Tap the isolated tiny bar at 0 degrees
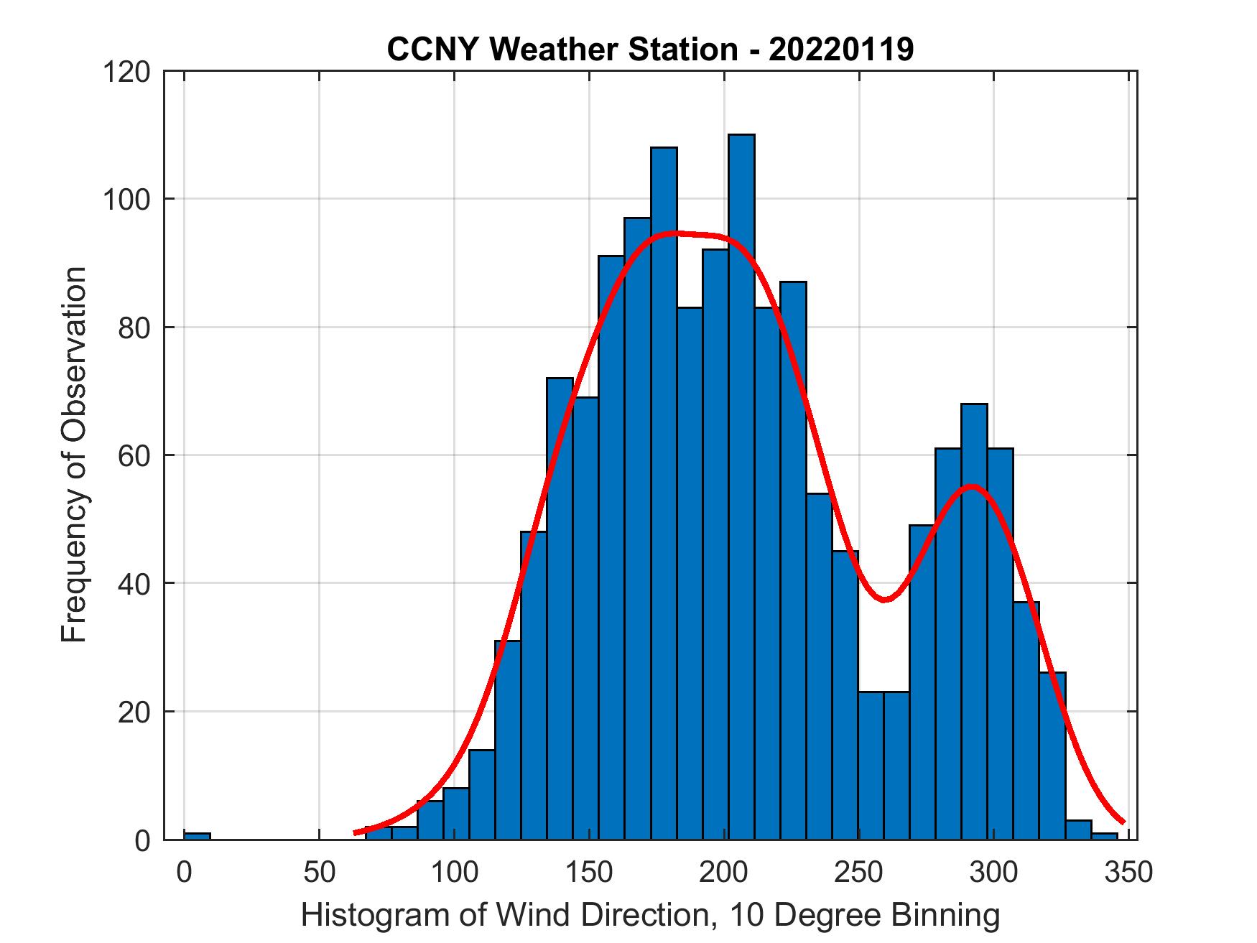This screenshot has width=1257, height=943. click(x=197, y=836)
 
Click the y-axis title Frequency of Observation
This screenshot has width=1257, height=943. click(x=74, y=454)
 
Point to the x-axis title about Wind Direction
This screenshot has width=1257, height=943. click(x=650, y=915)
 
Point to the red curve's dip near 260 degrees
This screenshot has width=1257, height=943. click(x=885, y=599)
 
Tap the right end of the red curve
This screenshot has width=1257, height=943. click(x=1123, y=822)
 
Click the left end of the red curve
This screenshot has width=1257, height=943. click(x=356, y=832)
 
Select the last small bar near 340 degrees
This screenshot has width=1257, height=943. click(x=1105, y=836)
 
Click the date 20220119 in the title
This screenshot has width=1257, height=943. click(x=841, y=50)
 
